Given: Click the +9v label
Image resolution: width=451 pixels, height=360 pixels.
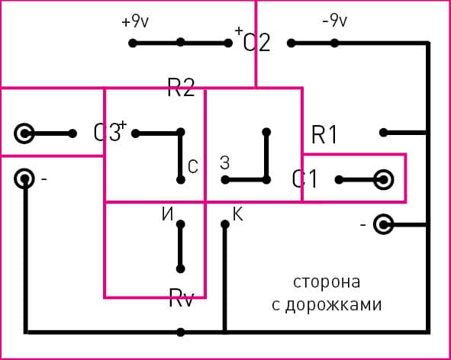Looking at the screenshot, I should click(134, 22).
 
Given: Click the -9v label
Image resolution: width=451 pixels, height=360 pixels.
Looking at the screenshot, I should click(334, 21).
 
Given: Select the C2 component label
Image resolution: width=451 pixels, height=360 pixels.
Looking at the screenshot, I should click(256, 42).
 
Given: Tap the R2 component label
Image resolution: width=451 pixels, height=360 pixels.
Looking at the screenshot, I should click(181, 88).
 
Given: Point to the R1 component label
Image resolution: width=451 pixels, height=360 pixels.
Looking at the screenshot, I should click(324, 135).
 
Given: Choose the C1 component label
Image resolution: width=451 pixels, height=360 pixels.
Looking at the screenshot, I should click(305, 180).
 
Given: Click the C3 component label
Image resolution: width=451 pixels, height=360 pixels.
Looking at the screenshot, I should click(108, 133).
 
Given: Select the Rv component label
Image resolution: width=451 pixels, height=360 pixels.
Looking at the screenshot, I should click(181, 298).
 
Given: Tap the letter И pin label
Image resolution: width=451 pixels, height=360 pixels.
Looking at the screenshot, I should click(166, 215).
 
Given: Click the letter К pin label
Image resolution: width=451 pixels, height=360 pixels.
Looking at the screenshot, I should click(237, 215).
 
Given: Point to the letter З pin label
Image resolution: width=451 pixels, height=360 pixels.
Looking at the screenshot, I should click(224, 162).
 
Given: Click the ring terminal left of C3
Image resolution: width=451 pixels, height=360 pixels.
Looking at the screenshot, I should click(25, 133).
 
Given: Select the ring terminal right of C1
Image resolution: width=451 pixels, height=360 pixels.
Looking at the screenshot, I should click(383, 180).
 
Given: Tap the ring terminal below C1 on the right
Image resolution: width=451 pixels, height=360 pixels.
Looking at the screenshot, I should click(383, 225).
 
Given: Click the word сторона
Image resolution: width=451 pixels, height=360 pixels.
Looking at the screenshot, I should click(327, 281).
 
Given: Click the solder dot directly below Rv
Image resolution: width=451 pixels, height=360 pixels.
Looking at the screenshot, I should click(181, 333).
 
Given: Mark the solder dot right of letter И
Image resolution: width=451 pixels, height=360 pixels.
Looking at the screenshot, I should click(181, 224).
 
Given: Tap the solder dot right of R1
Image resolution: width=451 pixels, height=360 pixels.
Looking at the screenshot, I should click(384, 132).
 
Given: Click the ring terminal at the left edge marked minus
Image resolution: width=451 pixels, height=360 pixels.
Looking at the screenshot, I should click(25, 179).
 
